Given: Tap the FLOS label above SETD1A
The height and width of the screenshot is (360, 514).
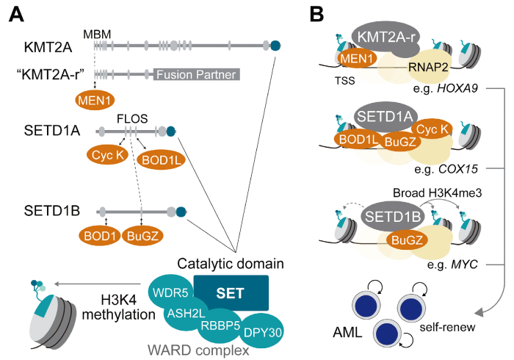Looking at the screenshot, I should [x=132, y=118].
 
